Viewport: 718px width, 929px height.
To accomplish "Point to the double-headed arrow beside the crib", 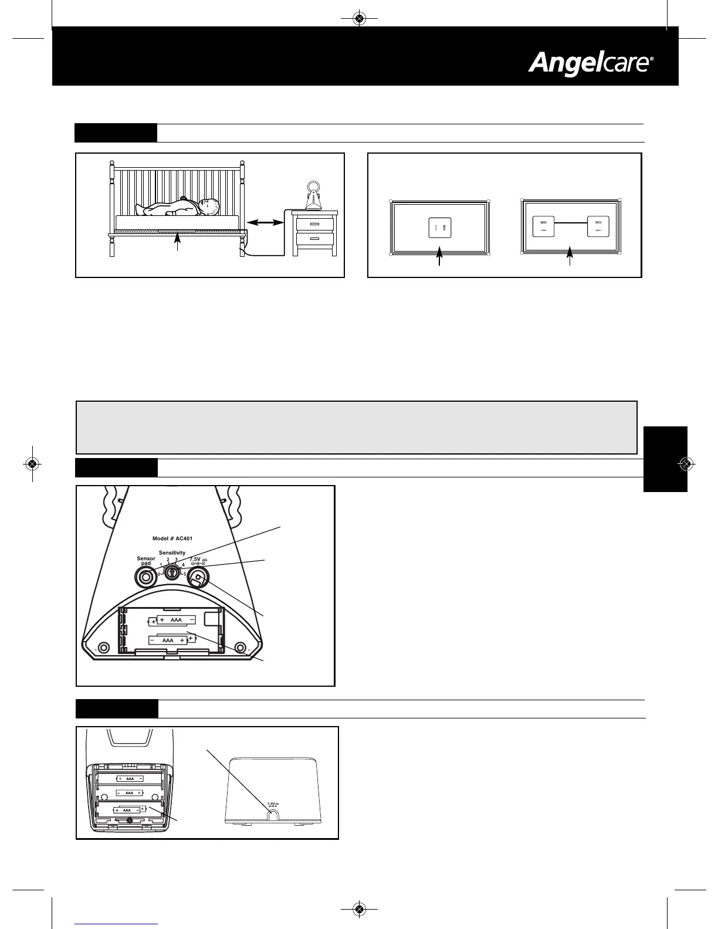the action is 265,222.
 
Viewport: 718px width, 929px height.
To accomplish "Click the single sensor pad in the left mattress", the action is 439,227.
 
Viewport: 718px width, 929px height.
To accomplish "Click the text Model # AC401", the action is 172,538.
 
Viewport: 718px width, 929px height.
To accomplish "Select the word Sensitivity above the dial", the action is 172,552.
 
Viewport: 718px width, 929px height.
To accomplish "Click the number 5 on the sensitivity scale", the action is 185,574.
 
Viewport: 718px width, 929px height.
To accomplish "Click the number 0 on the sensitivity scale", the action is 158,574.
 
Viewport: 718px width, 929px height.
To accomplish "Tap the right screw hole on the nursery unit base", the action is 240,647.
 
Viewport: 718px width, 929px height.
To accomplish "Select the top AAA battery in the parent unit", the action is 130,779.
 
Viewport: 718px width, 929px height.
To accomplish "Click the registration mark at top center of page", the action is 360,19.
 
